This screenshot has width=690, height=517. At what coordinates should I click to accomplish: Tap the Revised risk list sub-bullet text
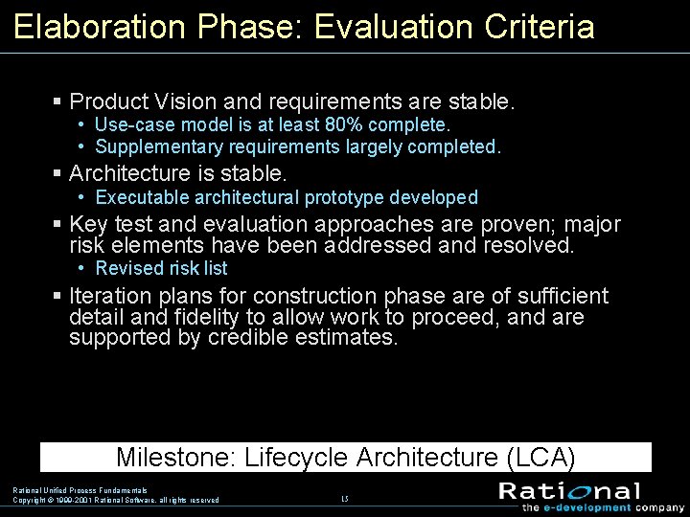(x=161, y=269)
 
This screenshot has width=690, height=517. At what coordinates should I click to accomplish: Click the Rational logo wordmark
(x=569, y=491)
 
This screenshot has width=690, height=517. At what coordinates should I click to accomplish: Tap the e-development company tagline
(x=603, y=508)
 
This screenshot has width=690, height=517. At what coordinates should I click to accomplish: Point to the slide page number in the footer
(x=345, y=499)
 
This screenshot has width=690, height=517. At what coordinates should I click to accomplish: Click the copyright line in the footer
(x=116, y=500)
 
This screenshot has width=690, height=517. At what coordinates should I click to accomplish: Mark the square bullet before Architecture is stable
(x=57, y=174)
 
